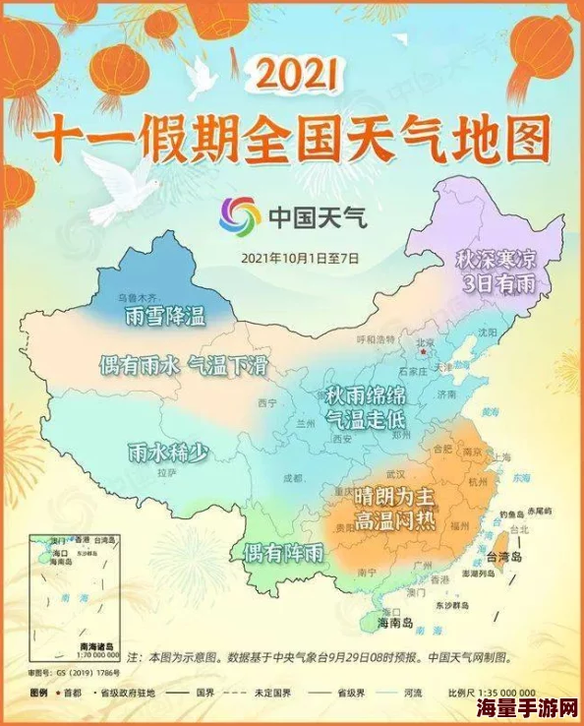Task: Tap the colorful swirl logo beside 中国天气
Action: pyautogui.click(x=240, y=215)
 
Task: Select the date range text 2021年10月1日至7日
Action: pyautogui.click(x=300, y=258)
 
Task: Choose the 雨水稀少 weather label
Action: pyautogui.click(x=168, y=453)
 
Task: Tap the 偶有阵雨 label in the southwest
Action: pyautogui.click(x=284, y=553)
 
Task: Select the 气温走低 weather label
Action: pyautogui.click(x=366, y=420)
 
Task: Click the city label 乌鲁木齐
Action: pyautogui.click(x=138, y=296)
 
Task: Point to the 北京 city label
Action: pyautogui.click(x=426, y=344)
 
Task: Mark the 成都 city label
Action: pyautogui.click(x=293, y=478)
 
